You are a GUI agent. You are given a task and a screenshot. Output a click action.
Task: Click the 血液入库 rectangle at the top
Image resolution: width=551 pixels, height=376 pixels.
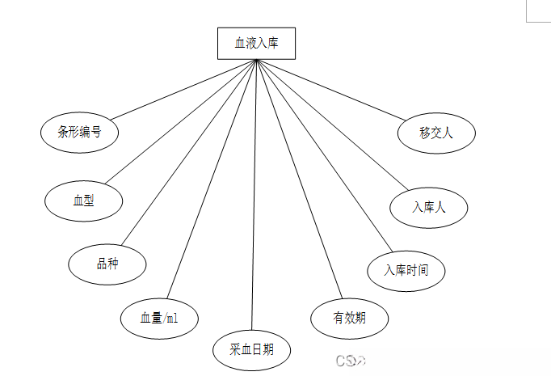(256, 43)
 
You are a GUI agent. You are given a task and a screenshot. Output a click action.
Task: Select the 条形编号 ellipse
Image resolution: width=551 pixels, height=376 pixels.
(79, 133)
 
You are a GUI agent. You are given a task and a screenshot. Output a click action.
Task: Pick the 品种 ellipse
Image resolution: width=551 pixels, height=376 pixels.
(107, 263)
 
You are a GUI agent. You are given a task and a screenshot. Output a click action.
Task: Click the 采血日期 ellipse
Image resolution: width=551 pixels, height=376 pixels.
(251, 349)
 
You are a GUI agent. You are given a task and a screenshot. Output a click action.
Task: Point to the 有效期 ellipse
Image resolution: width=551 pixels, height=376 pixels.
(349, 317)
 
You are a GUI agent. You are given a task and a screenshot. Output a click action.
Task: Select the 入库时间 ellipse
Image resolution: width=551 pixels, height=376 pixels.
(406, 270)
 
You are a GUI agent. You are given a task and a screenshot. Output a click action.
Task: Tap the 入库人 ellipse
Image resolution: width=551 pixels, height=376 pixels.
(428, 207)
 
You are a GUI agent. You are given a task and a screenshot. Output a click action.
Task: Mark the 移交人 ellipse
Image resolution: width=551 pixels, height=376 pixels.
(435, 133)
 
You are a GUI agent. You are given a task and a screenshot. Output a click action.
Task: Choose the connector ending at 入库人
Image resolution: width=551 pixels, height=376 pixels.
(327, 126)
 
